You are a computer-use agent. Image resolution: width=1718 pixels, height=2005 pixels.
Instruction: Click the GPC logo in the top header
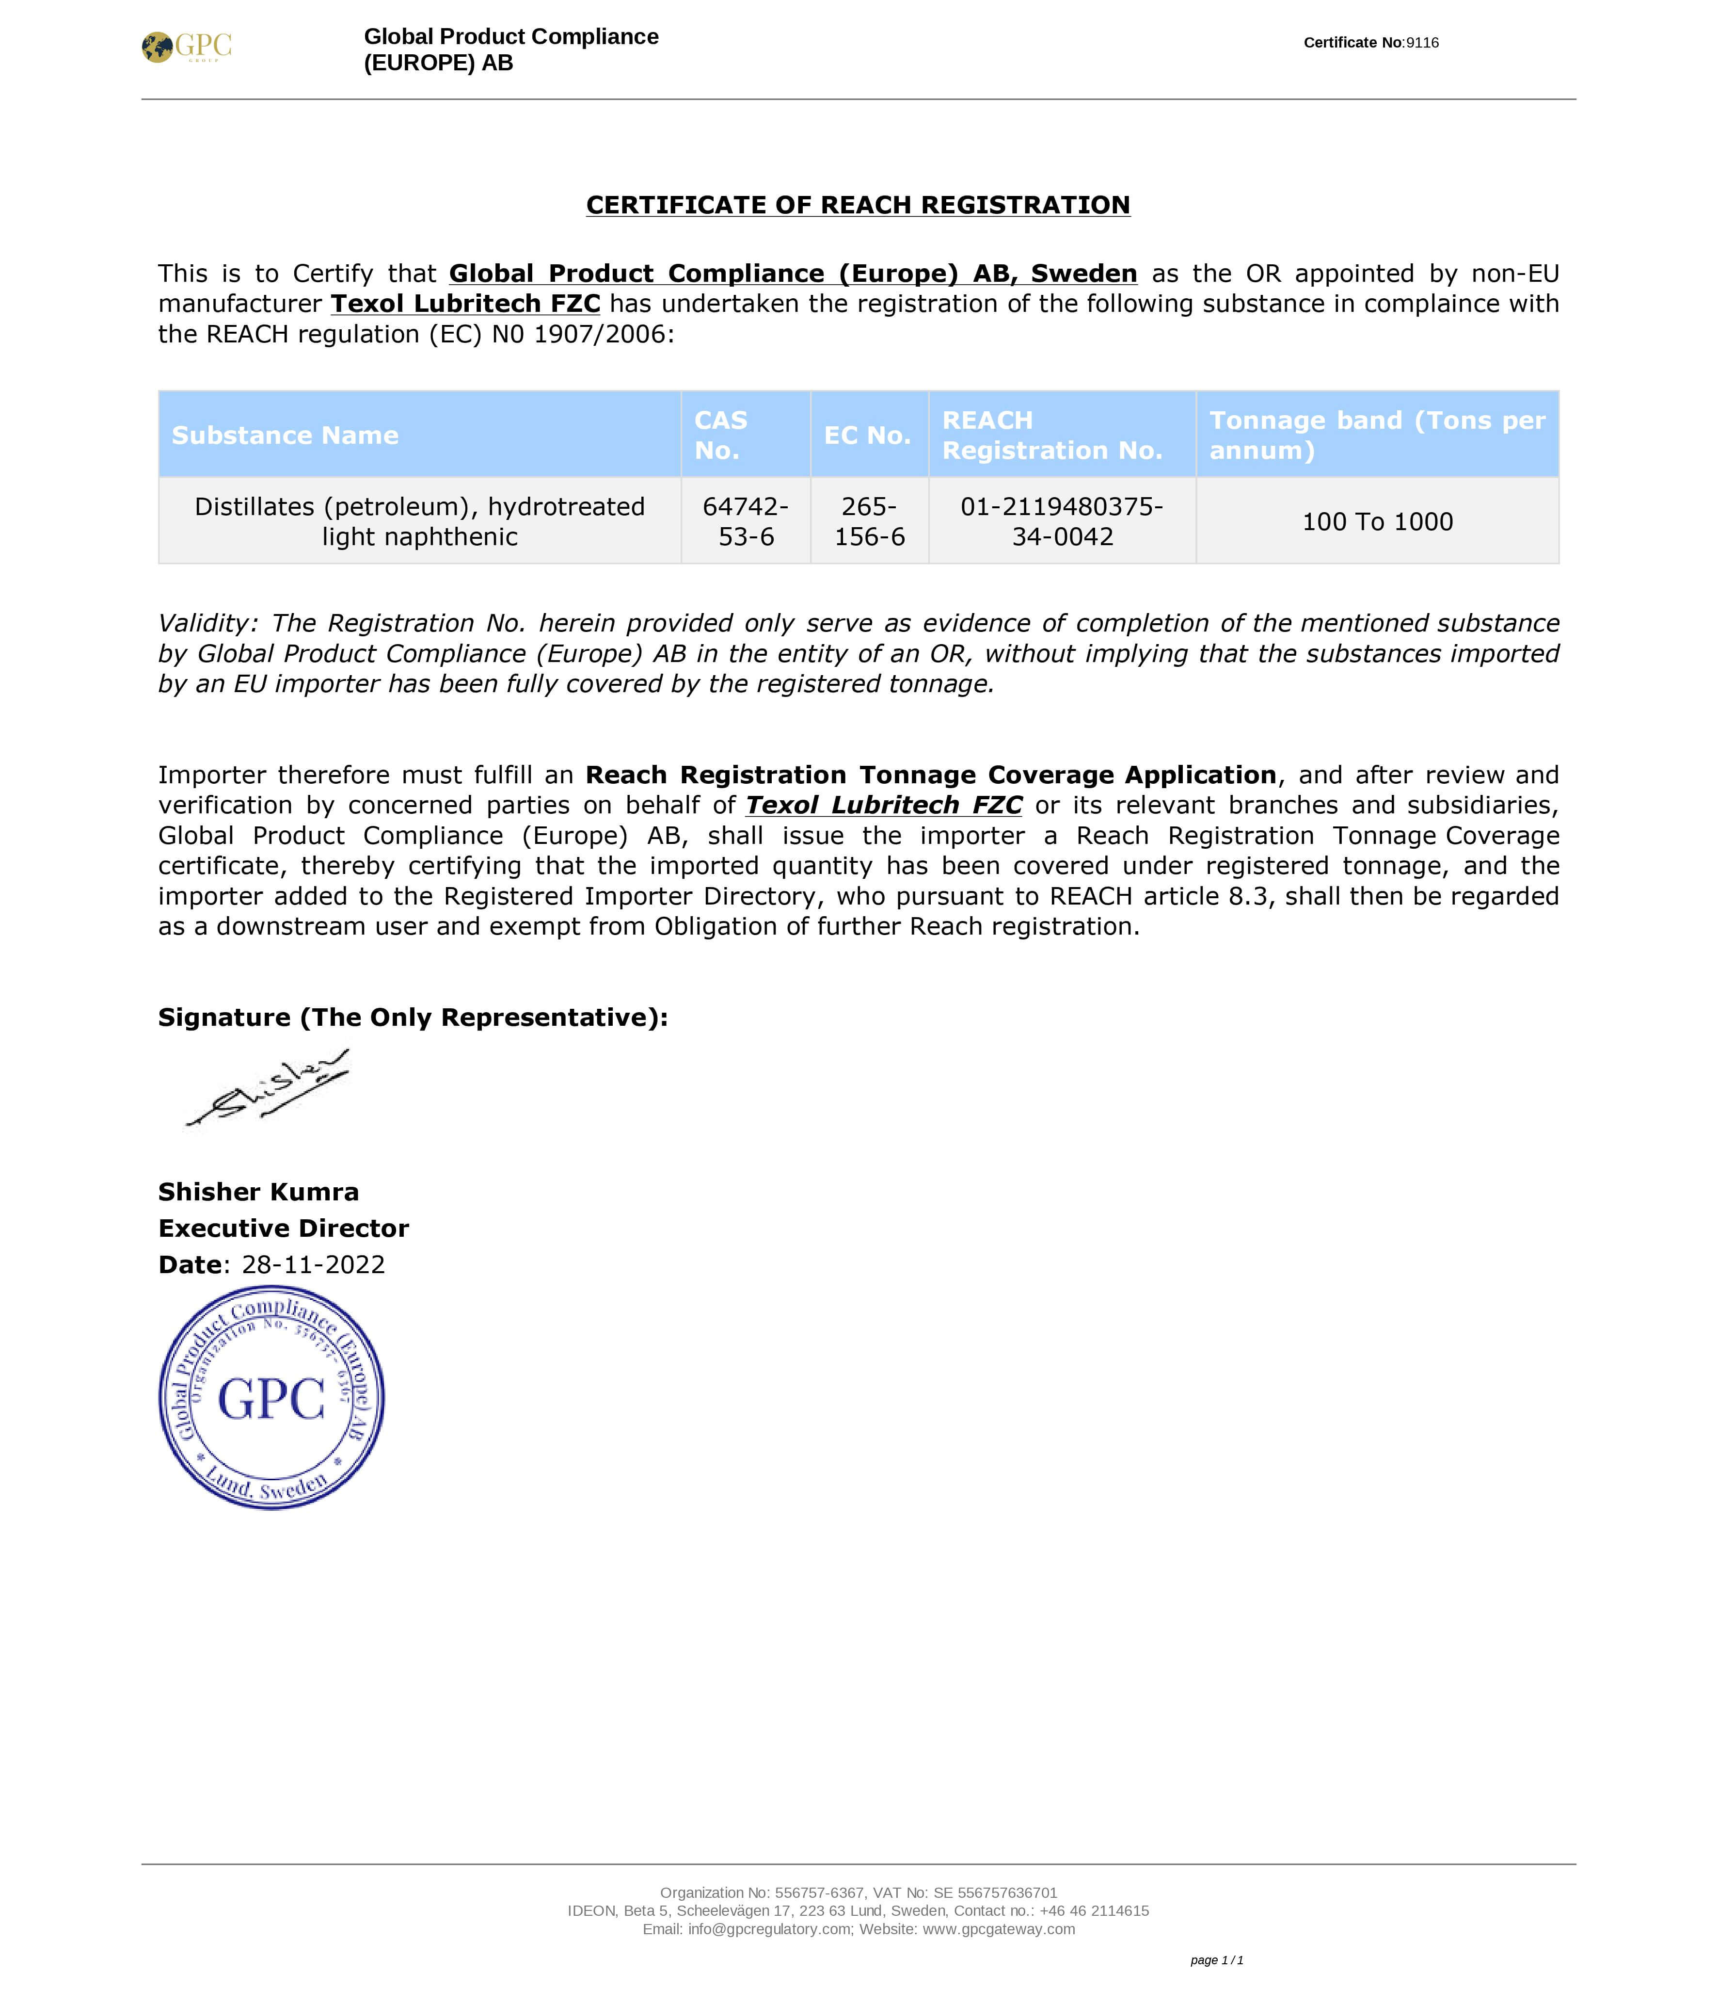point(187,47)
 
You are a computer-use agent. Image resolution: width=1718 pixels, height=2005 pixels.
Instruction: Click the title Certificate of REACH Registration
point(858,205)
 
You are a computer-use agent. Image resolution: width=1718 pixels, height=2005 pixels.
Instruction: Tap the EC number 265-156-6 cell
point(870,521)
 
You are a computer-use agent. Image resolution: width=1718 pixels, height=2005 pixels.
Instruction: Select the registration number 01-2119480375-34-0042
point(1062,521)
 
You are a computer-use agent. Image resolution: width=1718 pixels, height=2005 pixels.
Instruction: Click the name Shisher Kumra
point(258,1192)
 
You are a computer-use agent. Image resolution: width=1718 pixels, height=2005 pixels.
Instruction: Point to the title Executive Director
point(284,1229)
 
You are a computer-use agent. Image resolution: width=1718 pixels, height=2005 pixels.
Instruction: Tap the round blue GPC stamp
point(272,1398)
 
